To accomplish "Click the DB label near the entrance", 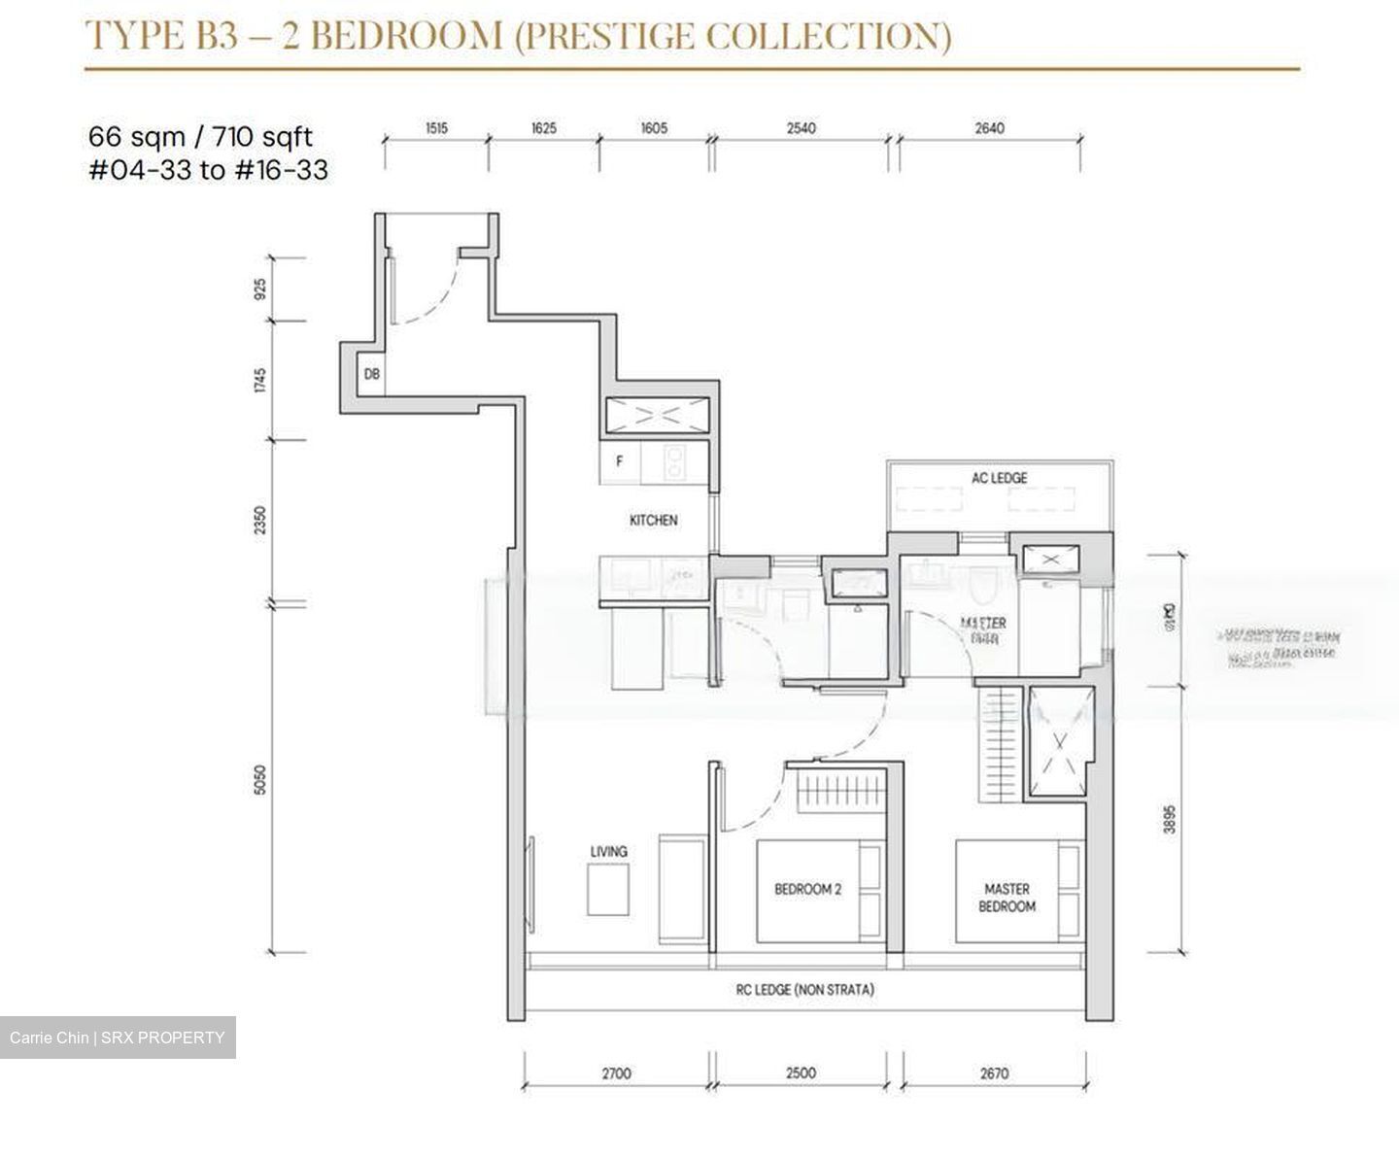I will pyautogui.click(x=371, y=374).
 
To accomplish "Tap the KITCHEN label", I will pyautogui.click(x=653, y=521).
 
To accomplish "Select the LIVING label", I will pyautogui.click(x=608, y=852).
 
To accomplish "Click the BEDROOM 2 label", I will pyautogui.click(x=807, y=889).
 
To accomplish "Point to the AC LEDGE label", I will pyautogui.click(x=999, y=478).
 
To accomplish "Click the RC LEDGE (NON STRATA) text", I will pyautogui.click(x=804, y=990).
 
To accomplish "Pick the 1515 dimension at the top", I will pyautogui.click(x=436, y=128).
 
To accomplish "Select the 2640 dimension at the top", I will pyautogui.click(x=989, y=128).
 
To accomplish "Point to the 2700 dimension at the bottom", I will pyautogui.click(x=616, y=1073).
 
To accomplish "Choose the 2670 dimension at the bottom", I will pyautogui.click(x=994, y=1073).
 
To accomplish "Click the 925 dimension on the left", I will pyautogui.click(x=258, y=289).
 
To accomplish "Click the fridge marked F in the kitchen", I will pyautogui.click(x=620, y=462).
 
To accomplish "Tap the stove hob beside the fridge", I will pyautogui.click(x=671, y=462).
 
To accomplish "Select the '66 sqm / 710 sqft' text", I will pyautogui.click(x=200, y=136).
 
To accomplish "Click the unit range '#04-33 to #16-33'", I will pyautogui.click(x=208, y=171).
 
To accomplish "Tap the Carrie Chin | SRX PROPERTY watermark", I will pyautogui.click(x=118, y=1037).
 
